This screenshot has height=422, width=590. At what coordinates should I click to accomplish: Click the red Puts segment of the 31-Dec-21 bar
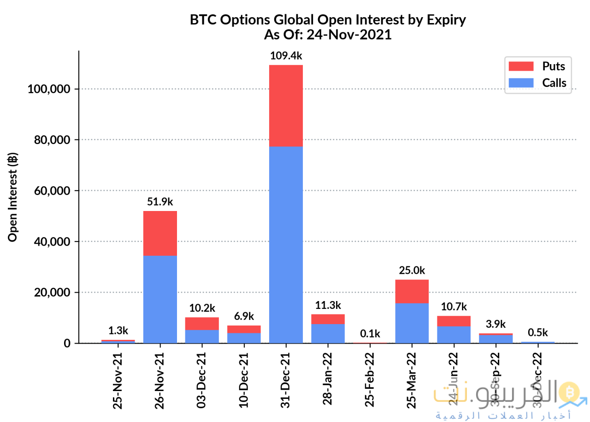click(x=286, y=105)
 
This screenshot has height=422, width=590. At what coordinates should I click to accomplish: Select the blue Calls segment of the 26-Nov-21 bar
click(x=160, y=299)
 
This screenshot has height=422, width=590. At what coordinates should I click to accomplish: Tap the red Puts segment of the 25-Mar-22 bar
click(x=412, y=291)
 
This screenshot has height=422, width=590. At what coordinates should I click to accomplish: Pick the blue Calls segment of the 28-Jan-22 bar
click(x=328, y=333)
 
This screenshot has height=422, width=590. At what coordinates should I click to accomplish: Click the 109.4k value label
click(x=286, y=56)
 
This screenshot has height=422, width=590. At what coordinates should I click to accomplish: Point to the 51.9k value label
click(x=160, y=202)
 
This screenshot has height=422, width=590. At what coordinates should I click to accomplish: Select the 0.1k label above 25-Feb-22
click(x=370, y=333)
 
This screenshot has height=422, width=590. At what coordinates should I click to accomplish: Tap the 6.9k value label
click(x=244, y=316)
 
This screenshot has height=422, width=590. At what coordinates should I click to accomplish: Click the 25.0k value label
click(x=412, y=271)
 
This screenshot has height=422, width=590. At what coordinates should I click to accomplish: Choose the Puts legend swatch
click(x=520, y=66)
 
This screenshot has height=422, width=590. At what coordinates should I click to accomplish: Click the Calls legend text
click(x=554, y=83)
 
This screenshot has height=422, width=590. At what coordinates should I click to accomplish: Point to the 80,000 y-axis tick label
click(x=52, y=140)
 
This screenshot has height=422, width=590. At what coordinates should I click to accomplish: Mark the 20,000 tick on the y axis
click(x=52, y=293)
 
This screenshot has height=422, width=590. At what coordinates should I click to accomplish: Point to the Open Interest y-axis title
click(x=13, y=197)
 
